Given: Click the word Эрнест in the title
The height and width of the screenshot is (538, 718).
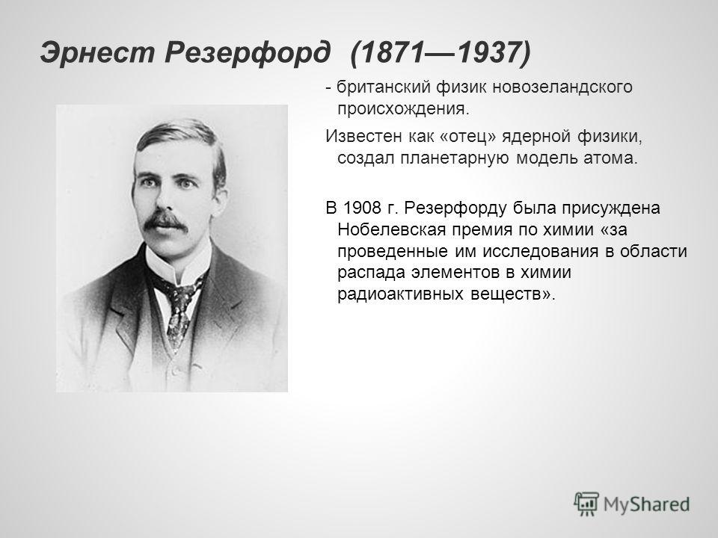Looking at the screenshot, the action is tap(97, 52).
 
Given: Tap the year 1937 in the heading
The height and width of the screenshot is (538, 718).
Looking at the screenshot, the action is tap(488, 52).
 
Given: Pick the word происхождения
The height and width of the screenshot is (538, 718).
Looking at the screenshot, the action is tap(403, 109).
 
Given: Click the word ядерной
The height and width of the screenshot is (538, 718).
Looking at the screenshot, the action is tap(537, 136).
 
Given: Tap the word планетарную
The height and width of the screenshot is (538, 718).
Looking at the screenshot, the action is tap(454, 158).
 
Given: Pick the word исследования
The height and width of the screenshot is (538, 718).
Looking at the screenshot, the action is tap(541, 251).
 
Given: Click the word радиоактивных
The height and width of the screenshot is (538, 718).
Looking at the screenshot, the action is tap(401, 294).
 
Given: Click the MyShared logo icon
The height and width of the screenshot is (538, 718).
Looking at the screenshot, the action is tap(586, 504).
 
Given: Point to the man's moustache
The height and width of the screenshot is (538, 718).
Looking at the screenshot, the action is tap(165, 221).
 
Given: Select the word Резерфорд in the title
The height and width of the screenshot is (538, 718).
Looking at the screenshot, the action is tap(248, 52).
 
